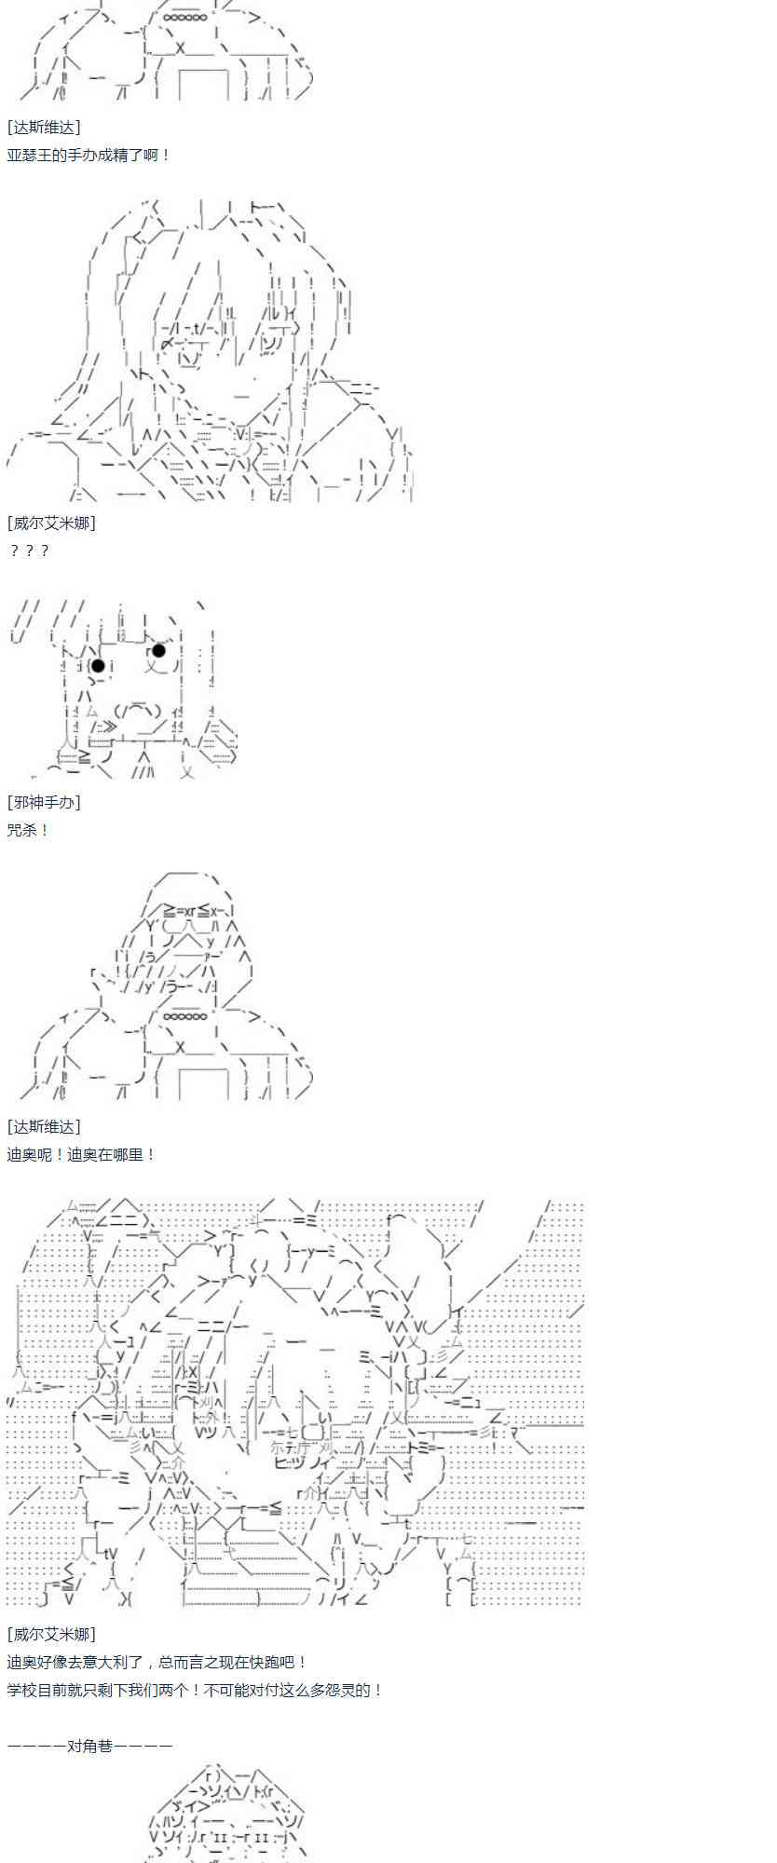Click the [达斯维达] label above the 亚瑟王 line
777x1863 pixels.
click(44, 127)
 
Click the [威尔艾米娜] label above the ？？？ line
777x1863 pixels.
click(51, 523)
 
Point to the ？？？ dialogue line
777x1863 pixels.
click(28, 551)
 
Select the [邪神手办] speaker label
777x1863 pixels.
click(44, 801)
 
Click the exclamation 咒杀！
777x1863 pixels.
click(28, 829)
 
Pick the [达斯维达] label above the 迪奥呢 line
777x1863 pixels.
click(44, 1126)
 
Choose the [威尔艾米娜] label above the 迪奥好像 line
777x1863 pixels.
click(51, 1634)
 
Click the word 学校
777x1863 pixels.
click(21, 1690)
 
